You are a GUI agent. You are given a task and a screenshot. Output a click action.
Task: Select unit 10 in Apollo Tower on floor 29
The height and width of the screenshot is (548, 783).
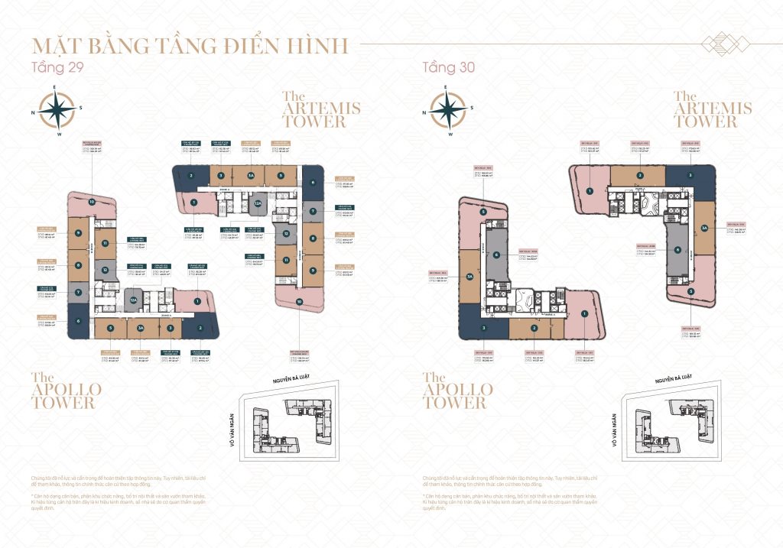(x=91, y=203)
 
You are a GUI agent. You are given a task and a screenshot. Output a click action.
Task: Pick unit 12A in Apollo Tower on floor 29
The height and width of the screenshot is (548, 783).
(x=132, y=302)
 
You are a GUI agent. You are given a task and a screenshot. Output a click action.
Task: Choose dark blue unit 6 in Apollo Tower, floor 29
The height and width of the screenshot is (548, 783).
(x=78, y=321)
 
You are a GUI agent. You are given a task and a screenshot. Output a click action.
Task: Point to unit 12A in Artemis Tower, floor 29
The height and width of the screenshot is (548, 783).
(x=258, y=204)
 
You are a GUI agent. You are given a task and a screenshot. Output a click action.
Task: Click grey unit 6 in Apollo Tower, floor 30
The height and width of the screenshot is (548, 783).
(x=496, y=255)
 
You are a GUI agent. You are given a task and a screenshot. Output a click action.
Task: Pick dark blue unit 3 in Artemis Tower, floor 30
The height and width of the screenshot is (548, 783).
(x=690, y=176)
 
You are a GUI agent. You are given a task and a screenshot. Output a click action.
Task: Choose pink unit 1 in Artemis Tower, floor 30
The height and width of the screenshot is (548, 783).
(x=592, y=179)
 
